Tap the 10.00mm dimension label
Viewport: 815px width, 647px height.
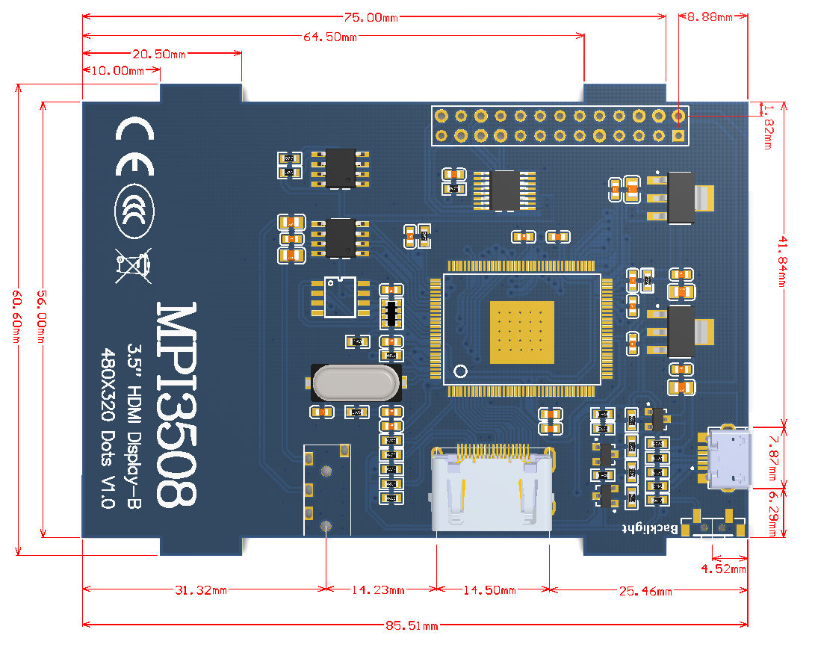(x=117, y=71)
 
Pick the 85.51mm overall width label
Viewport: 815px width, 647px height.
(x=412, y=625)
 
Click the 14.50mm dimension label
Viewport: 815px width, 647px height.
(x=490, y=590)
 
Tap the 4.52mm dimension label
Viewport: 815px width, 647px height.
(x=723, y=569)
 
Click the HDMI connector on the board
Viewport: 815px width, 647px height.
(x=492, y=489)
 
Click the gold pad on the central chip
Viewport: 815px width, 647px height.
(x=522, y=332)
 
